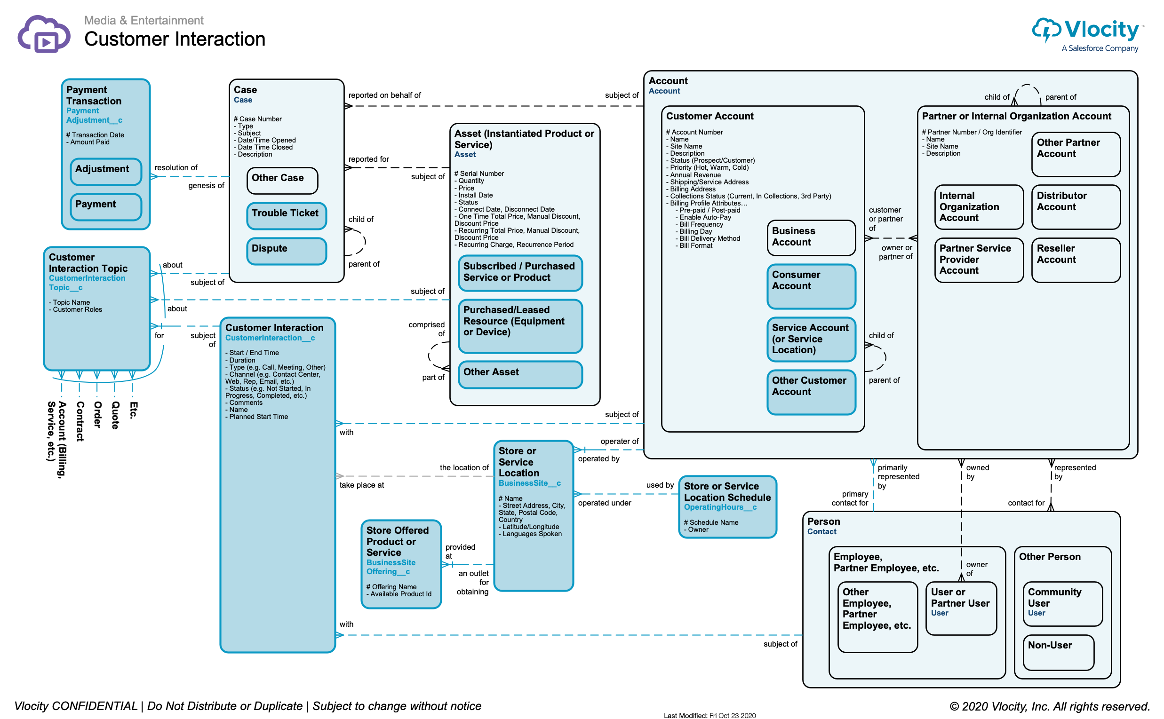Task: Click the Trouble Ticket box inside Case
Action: tap(287, 215)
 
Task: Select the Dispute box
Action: tap(287, 251)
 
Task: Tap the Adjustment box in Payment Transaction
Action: tap(105, 171)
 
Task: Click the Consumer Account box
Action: tap(811, 286)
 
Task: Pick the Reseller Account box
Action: tap(1075, 260)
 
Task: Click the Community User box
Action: tap(1062, 603)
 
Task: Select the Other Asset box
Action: tap(520, 374)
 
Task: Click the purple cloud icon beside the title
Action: tap(44, 34)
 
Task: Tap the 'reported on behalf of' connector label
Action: tap(384, 95)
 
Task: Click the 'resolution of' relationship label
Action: tap(175, 167)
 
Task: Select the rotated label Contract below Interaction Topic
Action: tap(80, 421)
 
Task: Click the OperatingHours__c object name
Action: tap(720, 507)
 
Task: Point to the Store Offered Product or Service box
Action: tap(401, 563)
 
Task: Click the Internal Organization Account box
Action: tap(978, 207)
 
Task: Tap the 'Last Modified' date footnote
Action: tap(709, 715)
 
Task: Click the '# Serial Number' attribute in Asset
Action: tap(478, 174)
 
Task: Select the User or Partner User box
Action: tap(960, 608)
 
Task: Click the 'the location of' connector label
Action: tap(464, 467)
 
